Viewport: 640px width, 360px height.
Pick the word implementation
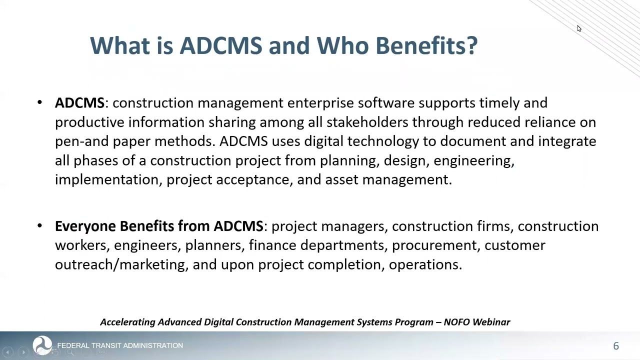(x=106, y=179)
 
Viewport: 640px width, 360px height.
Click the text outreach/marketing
(x=119, y=264)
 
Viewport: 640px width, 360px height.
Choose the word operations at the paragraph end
(x=424, y=264)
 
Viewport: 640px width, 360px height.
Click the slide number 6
(x=616, y=346)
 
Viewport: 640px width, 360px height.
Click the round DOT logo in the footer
(x=42, y=344)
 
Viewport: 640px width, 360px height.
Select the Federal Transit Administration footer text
(x=120, y=345)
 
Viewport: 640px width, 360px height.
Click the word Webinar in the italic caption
(x=491, y=322)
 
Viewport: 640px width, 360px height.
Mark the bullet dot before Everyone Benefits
(x=40, y=226)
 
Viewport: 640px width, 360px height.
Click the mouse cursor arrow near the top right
(x=578, y=28)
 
